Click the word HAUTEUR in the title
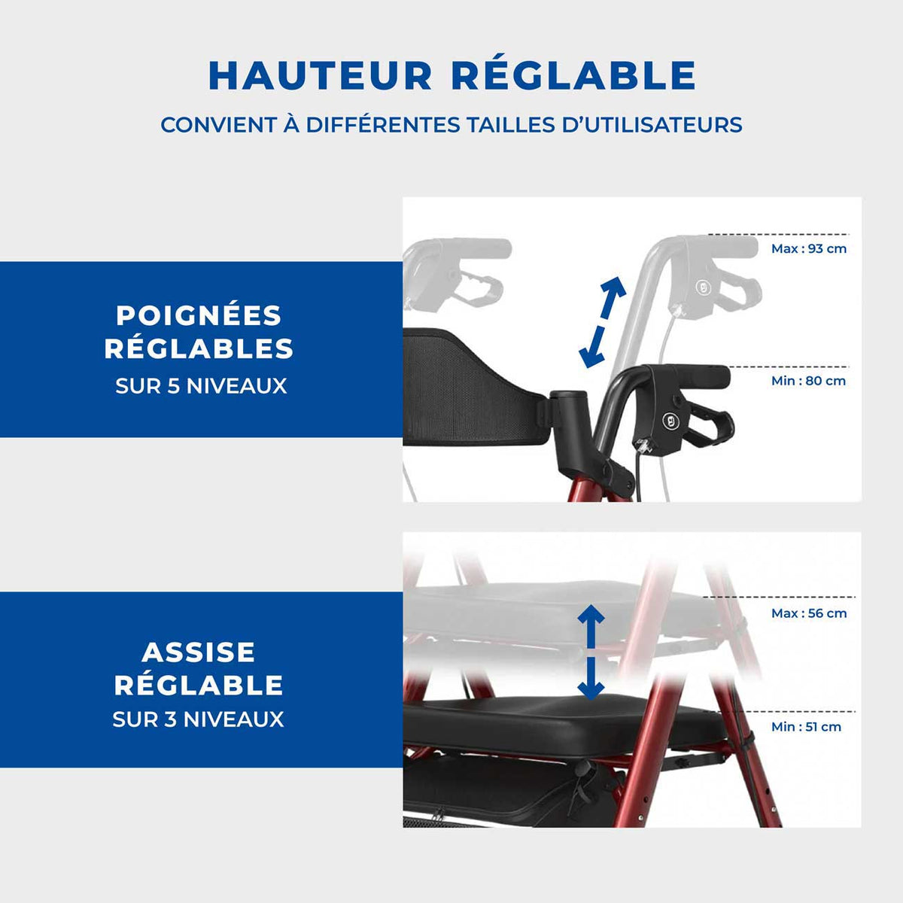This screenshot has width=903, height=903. pyautogui.click(x=320, y=75)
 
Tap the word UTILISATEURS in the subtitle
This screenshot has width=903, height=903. pyautogui.click(x=652, y=125)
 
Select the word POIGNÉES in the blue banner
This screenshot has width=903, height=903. pyautogui.click(x=199, y=315)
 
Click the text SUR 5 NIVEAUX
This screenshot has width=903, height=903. pyautogui.click(x=201, y=386)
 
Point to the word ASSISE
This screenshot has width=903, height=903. pyautogui.click(x=199, y=652)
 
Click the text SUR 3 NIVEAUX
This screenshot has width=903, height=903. pyautogui.click(x=198, y=719)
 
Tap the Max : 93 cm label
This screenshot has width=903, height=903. pyautogui.click(x=809, y=248)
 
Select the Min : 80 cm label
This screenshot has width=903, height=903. pyautogui.click(x=808, y=381)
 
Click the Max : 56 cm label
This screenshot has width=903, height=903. pyautogui.click(x=809, y=613)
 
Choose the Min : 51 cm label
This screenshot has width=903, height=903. pyautogui.click(x=806, y=727)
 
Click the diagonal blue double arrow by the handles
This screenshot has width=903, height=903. pyautogui.click(x=602, y=322)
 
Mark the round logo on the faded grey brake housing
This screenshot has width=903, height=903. pyautogui.click(x=702, y=287)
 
